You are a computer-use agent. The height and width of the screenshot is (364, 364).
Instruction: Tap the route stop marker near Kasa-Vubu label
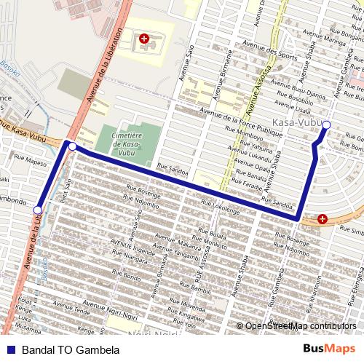326,126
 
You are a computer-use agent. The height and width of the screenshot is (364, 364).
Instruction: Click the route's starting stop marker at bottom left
38,210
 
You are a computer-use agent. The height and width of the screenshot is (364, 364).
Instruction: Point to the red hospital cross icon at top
143,37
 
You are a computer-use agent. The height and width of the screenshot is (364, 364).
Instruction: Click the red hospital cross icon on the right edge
322,218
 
